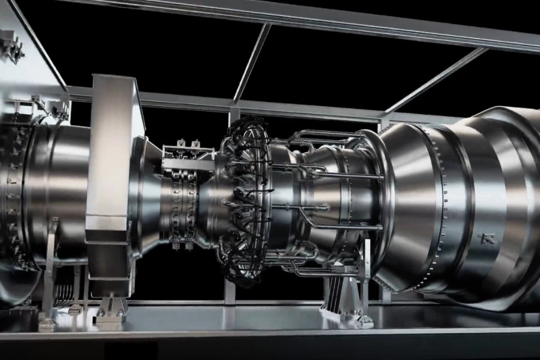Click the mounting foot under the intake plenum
[x=108, y=307]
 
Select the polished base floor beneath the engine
[x=270, y=331]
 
